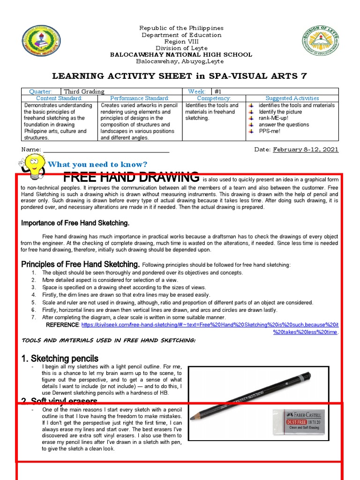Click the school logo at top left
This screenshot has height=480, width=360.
pyautogui.click(x=41, y=42)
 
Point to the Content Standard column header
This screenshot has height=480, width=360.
pyautogui.click(x=59, y=98)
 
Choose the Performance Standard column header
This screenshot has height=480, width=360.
pyautogui.click(x=140, y=98)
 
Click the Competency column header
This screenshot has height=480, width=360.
pyautogui.click(x=214, y=98)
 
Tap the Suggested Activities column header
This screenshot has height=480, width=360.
pyautogui.click(x=292, y=98)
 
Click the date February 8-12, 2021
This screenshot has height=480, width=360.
pyautogui.click(x=306, y=150)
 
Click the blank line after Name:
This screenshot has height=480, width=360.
pyautogui.click(x=106, y=150)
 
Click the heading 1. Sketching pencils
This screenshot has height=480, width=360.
pyautogui.click(x=60, y=359)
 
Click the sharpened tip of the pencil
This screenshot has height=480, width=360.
pyautogui.click(x=192, y=417)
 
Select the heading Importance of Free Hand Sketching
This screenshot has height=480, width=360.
pyautogui.click(x=75, y=223)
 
